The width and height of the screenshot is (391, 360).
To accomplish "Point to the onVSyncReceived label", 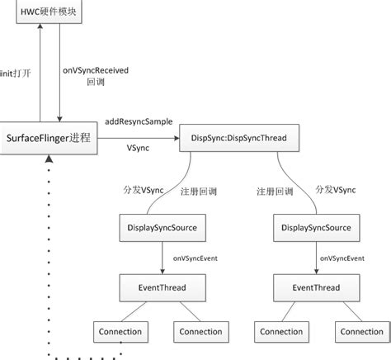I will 96,71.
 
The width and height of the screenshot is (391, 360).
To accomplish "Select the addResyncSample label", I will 139,121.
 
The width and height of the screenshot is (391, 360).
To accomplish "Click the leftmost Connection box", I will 120,332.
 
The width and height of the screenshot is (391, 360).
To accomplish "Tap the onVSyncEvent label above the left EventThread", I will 195,258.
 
